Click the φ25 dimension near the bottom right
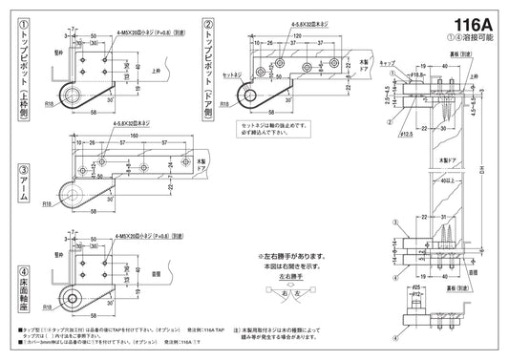click(417, 286)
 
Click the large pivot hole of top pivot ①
click(69, 93)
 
